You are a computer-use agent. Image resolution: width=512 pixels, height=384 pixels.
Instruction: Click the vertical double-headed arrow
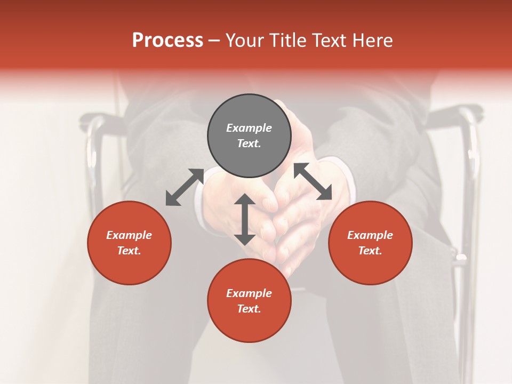(245, 219)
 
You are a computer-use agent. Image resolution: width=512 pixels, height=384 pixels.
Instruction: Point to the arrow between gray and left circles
(185, 187)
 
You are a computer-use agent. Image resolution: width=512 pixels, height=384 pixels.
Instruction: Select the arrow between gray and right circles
(313, 181)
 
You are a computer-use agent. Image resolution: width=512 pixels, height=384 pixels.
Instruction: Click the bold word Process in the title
(167, 40)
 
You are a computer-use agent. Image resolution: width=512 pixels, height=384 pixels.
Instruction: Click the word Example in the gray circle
(249, 128)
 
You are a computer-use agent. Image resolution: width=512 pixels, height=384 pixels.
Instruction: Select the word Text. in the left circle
(129, 251)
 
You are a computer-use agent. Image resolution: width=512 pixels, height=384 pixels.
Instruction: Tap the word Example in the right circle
(370, 235)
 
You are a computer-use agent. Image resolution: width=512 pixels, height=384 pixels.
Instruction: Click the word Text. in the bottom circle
(249, 309)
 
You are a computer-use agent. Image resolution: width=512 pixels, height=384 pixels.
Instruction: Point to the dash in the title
(214, 41)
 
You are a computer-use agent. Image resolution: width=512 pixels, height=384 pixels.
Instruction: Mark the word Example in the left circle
(129, 235)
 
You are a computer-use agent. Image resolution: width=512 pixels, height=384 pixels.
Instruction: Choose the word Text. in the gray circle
(249, 143)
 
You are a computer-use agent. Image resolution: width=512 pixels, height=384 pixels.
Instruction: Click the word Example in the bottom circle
(249, 293)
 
